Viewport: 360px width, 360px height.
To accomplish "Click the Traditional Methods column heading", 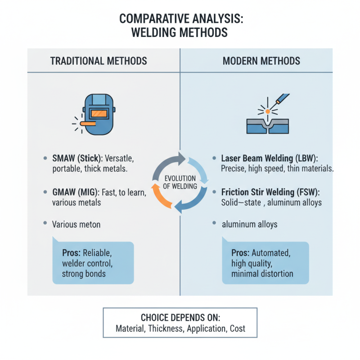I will pos(99,61).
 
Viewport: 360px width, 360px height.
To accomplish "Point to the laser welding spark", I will pos(267,110).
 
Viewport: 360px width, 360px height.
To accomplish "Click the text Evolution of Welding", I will pos(180,181).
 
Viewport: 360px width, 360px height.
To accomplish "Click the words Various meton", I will pos(77,223).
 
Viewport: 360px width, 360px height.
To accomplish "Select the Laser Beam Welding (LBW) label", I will pos(268,159).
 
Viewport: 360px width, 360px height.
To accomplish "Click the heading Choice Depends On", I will pos(180,317).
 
